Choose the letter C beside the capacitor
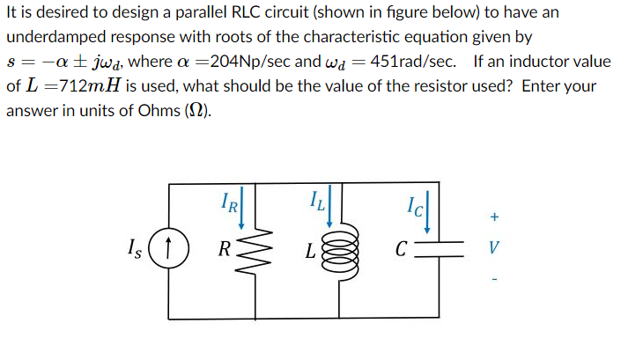pos(401,248)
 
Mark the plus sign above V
pos(495,216)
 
